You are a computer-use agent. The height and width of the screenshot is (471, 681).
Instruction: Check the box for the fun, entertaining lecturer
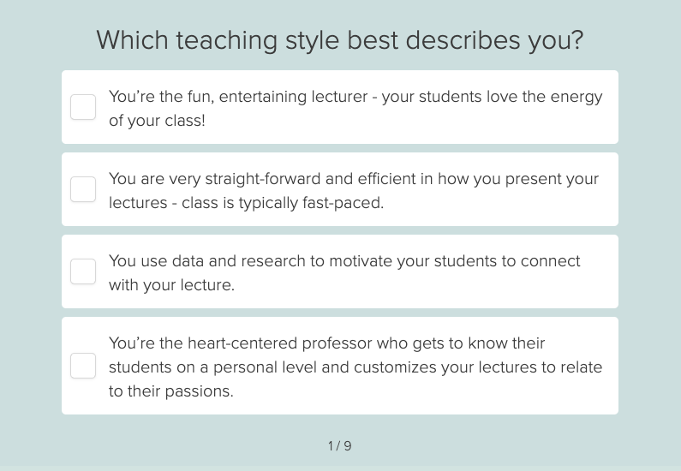point(83,107)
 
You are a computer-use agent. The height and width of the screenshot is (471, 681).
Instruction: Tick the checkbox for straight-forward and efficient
point(83,189)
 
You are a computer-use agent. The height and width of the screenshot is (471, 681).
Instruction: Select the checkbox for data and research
point(83,271)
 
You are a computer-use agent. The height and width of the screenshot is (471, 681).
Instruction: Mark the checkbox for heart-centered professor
point(83,366)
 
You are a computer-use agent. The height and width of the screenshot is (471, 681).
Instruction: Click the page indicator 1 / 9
point(340,446)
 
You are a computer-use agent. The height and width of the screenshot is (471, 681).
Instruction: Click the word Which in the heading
point(133,40)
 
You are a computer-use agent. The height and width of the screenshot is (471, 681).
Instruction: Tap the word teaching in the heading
point(226,41)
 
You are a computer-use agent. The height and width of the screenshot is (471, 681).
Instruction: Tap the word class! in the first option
point(185,120)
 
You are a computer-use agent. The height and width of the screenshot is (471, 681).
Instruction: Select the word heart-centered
point(242,343)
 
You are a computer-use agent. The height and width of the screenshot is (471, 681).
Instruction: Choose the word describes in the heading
point(463,40)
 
